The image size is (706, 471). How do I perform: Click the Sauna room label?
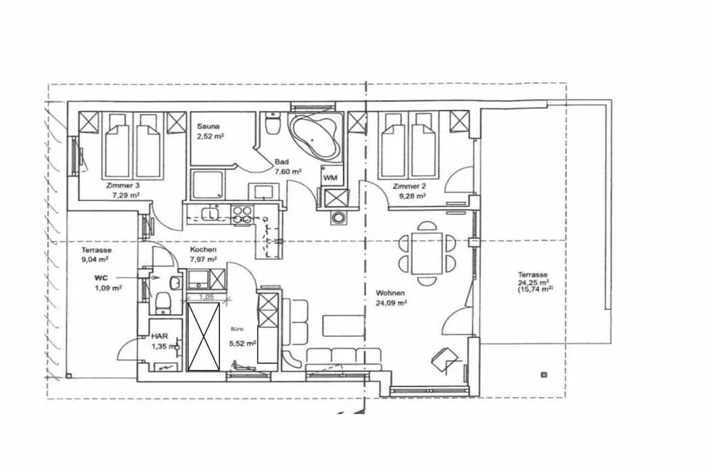(208, 126)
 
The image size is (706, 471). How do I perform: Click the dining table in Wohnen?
(427, 253)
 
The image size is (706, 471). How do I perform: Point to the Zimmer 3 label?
(120, 185)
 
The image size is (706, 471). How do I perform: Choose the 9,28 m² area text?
(412, 196)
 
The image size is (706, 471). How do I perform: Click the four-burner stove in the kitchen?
(242, 214)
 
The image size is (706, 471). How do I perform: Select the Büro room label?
(237, 329)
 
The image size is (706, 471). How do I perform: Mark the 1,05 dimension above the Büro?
(206, 297)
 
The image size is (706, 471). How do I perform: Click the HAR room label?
(159, 336)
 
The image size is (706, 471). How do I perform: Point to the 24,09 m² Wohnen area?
(392, 303)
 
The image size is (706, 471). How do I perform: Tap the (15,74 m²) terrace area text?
(535, 290)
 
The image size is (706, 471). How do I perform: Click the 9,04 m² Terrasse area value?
(95, 259)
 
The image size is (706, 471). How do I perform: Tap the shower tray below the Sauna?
(207, 185)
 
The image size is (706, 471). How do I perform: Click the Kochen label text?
(203, 250)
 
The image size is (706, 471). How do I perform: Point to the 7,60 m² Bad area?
(288, 171)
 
